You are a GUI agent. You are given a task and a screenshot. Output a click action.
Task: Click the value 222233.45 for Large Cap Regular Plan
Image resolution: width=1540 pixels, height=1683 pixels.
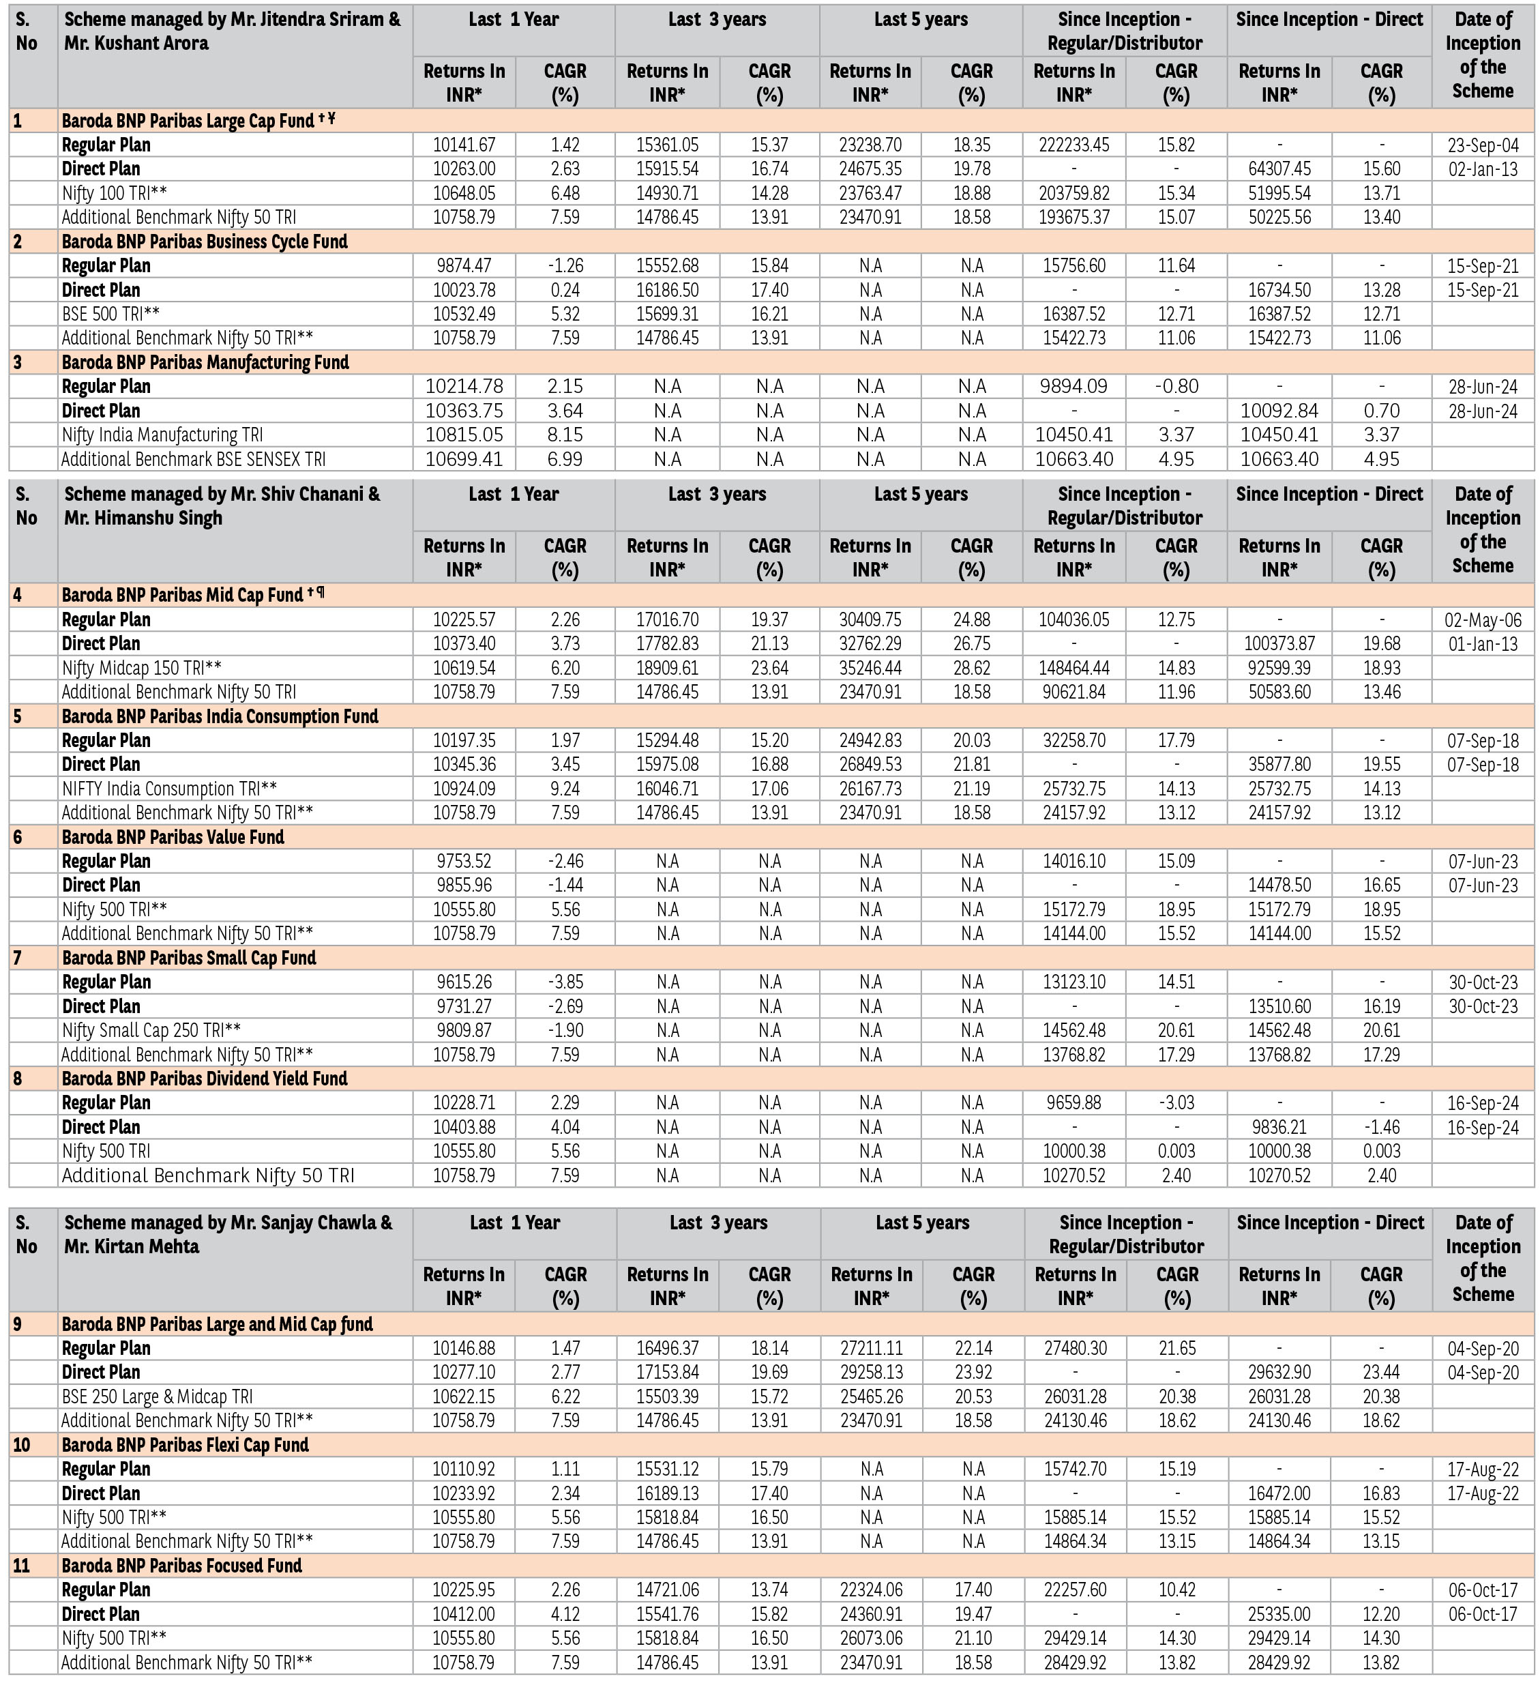coord(1073,145)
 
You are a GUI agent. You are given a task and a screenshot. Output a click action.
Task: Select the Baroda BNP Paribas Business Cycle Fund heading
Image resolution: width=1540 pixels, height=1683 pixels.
coord(205,242)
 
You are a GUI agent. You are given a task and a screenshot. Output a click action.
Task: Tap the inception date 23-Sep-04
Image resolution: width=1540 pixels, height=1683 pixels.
coord(1483,145)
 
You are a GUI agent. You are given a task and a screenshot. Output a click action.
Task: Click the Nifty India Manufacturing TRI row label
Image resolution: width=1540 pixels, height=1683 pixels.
coord(162,435)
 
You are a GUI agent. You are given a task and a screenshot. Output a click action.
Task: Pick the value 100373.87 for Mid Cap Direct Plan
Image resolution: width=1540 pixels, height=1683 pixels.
coord(1279,643)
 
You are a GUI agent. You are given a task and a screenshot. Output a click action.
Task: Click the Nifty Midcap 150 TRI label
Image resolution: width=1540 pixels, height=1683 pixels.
coord(142,668)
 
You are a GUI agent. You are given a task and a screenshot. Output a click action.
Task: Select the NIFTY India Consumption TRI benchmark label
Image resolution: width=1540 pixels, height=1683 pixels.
coord(169,789)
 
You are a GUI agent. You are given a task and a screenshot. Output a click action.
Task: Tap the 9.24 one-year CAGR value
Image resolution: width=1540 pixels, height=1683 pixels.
coord(565,789)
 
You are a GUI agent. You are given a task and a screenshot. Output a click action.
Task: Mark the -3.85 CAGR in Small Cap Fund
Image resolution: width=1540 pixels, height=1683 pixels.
coord(565,982)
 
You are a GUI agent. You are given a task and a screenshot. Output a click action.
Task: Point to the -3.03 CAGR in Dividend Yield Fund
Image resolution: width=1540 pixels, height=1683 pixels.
coord(1176,1103)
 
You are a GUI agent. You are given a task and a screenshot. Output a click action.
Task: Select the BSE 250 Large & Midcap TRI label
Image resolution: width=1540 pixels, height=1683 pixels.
coord(157,1396)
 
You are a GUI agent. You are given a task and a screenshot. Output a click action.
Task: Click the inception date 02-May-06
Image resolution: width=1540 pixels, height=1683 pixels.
coord(1483,620)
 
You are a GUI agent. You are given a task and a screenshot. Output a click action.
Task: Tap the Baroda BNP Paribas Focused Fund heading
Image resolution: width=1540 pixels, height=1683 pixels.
coord(182,1565)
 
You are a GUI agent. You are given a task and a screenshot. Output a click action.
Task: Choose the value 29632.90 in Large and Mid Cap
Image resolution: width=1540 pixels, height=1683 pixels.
coord(1279,1373)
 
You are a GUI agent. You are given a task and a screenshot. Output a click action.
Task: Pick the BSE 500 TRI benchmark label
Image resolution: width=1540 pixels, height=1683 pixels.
coord(111,314)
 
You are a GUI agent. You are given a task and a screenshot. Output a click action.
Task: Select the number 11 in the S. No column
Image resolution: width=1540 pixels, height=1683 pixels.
coord(23,1565)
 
